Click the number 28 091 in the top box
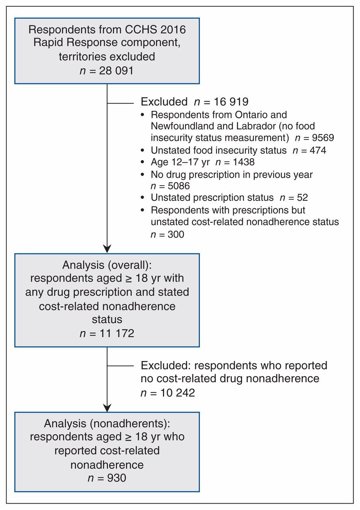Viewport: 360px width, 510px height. coord(116,71)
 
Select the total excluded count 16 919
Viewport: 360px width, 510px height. coord(231,102)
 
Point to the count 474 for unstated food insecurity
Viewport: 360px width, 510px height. coord(318,150)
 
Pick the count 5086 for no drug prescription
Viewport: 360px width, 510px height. coord(179,186)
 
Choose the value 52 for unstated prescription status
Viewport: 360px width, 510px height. coord(302,197)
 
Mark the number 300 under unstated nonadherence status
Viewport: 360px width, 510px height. coord(176,234)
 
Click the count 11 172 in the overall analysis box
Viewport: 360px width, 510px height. coord(117,333)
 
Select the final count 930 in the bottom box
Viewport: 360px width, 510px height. coord(117,477)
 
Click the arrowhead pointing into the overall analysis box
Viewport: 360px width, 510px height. coord(107,249)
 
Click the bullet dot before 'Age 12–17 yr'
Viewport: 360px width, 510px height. coord(143,162)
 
